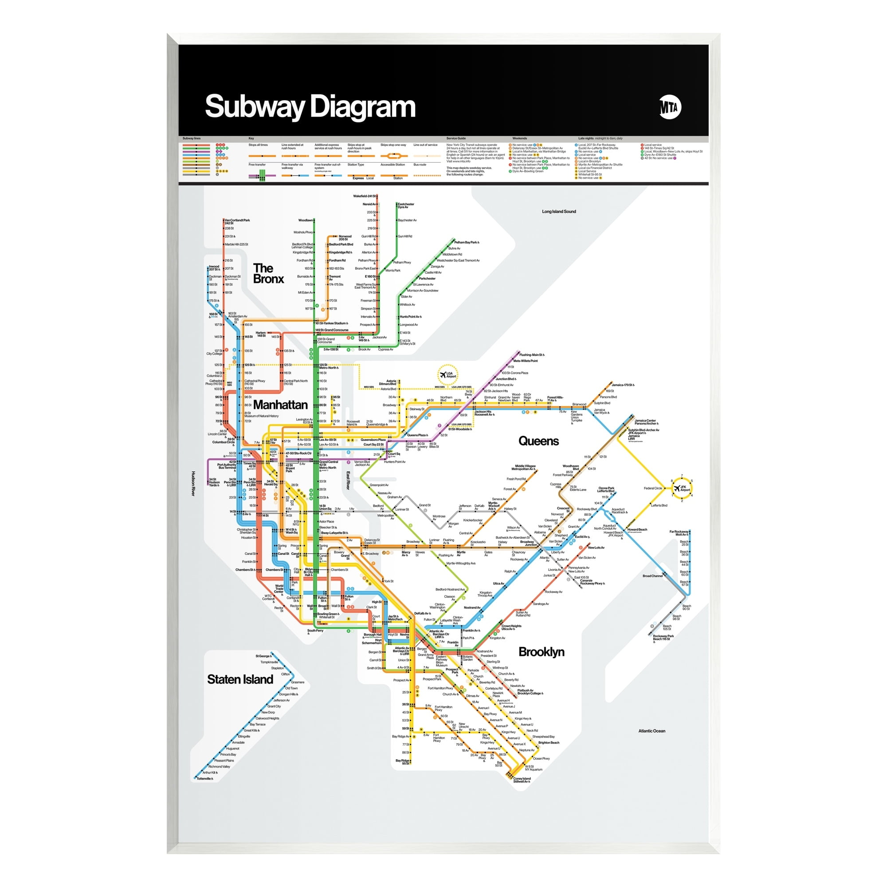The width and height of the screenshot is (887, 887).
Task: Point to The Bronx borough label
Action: coord(268,274)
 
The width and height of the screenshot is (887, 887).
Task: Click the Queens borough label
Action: coord(538,441)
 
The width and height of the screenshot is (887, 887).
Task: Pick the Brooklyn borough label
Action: coord(541,652)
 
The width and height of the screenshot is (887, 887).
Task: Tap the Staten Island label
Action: coord(239,679)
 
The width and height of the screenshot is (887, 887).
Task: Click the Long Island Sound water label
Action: coord(559,212)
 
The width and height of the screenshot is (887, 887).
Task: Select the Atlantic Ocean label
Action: coord(652,731)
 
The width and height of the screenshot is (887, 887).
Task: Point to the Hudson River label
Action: coord(193,483)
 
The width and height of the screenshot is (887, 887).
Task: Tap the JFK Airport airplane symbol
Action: coord(677,488)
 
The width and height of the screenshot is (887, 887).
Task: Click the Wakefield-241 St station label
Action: coord(364,196)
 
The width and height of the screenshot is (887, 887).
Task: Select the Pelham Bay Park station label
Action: coord(466,242)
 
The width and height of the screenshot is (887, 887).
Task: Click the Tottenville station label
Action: coord(204,779)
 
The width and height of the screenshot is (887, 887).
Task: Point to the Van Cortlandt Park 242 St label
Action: coord(237,221)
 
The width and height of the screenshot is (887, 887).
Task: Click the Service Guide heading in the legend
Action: coord(456,138)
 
